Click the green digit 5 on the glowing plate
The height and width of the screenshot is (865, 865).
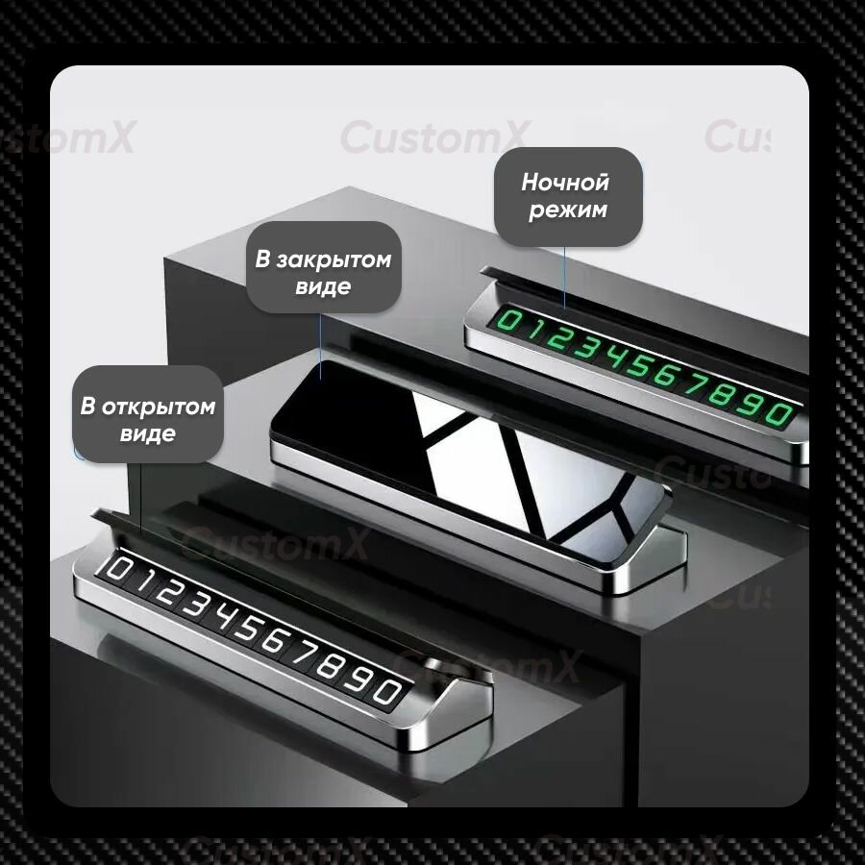click(637, 366)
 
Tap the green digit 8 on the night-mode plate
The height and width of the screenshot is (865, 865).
click(721, 393)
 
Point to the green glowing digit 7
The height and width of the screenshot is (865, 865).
click(693, 383)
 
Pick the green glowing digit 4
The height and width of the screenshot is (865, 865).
click(612, 358)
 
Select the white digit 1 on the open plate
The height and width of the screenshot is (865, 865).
click(143, 581)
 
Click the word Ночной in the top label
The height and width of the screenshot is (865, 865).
click(565, 182)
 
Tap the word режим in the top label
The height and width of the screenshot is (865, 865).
click(568, 210)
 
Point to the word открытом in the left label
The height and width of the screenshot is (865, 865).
click(159, 407)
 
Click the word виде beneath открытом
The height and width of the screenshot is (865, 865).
click(148, 433)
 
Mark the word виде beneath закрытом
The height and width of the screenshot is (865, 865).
click(323, 286)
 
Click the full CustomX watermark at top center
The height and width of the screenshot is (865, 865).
click(435, 136)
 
